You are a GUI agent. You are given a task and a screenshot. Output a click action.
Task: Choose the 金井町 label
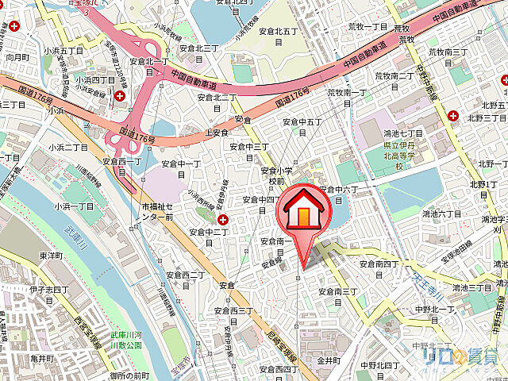pyautogui.click(x=329, y=360)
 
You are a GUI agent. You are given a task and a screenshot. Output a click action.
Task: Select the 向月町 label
pyautogui.click(x=17, y=58)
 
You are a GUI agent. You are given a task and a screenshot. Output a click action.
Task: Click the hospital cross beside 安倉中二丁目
pyautogui.click(x=223, y=219)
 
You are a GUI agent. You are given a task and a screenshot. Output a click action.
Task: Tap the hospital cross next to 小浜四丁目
pyautogui.click(x=119, y=95)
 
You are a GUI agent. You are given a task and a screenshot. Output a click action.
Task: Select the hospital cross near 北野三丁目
pyautogui.click(x=452, y=116)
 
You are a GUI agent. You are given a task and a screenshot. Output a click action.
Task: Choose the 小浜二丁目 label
pyautogui.click(x=68, y=148)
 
